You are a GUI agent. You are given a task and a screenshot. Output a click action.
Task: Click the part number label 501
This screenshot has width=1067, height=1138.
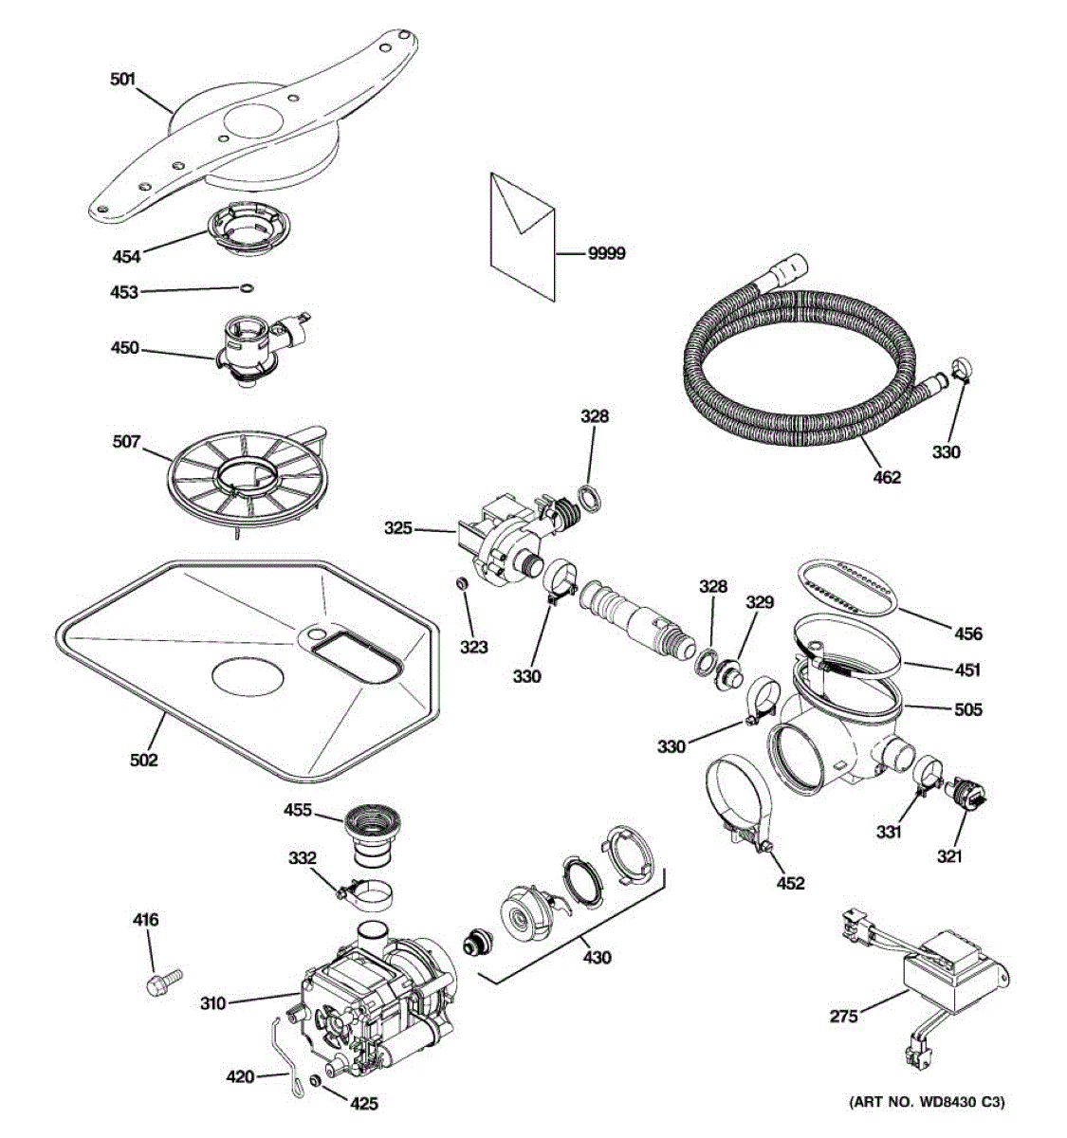coord(122,81)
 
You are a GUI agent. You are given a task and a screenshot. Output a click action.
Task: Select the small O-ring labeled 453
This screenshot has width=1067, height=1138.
coord(247,288)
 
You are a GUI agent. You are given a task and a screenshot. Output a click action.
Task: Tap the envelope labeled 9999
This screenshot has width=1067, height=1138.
coord(521,235)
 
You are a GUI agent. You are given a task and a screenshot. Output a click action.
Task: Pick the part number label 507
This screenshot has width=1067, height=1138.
coord(126,441)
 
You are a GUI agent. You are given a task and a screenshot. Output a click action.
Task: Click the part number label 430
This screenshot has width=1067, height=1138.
coord(597,958)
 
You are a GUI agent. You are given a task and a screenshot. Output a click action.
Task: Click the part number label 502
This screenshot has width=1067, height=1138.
coord(144,760)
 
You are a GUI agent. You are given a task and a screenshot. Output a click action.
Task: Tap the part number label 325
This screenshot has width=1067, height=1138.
coord(398,528)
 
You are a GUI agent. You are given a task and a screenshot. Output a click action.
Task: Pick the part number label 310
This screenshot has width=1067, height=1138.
coord(212,1002)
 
